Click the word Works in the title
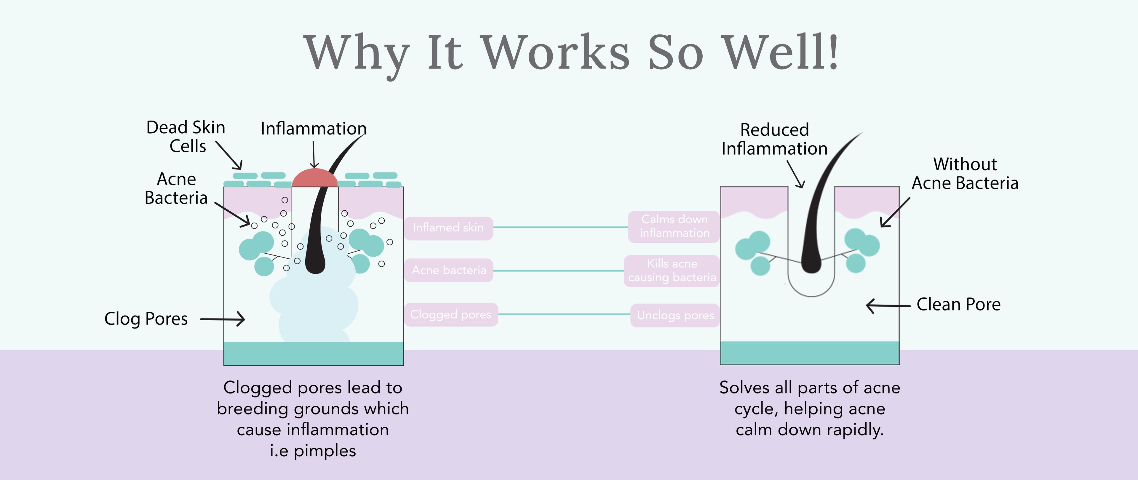pyautogui.click(x=555, y=53)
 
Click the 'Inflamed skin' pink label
pyautogui.click(x=448, y=228)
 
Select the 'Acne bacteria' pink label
pyautogui.click(x=449, y=270)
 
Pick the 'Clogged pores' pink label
pyautogui.click(x=450, y=314)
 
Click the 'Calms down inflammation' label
pyautogui.click(x=674, y=226)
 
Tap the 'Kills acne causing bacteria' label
pyautogui.click(x=672, y=270)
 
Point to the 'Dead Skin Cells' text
pyautogui.click(x=186, y=137)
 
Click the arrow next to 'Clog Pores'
pyautogui.click(x=223, y=319)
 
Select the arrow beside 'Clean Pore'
pyautogui.click(x=888, y=305)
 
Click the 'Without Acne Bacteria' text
pyautogui.click(x=965, y=174)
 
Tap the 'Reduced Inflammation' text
pyautogui.click(x=774, y=139)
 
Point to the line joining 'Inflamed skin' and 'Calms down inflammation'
pyautogui.click(x=560, y=228)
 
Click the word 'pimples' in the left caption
pyautogui.click(x=325, y=451)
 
